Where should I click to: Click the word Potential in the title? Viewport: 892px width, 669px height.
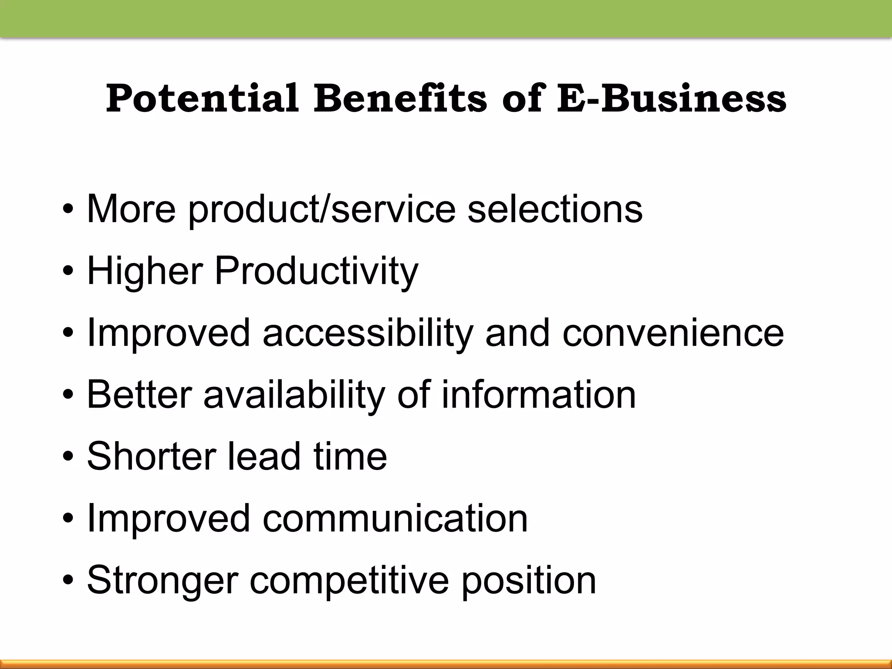(202, 98)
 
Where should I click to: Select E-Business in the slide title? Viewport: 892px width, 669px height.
(672, 98)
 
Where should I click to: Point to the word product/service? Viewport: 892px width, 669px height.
(322, 209)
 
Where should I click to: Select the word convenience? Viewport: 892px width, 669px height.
(673, 333)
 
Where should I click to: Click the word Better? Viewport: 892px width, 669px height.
(139, 395)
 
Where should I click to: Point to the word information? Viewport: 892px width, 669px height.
(539, 395)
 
